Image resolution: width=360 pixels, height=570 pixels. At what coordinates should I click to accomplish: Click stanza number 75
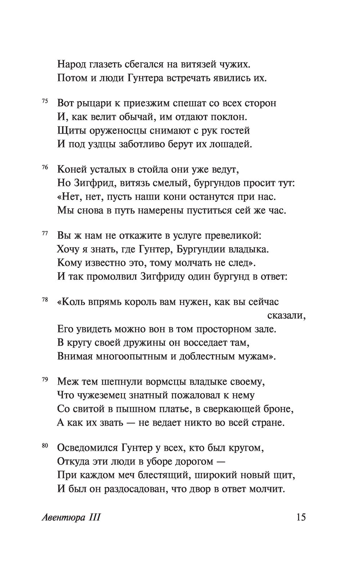pyautogui.click(x=45, y=101)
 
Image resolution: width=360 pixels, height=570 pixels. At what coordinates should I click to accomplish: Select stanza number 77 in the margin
pyautogui.click(x=45, y=234)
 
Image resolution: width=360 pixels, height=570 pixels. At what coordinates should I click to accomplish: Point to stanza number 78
pyautogui.click(x=45, y=300)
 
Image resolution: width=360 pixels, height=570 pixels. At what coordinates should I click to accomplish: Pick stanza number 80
pyautogui.click(x=45, y=446)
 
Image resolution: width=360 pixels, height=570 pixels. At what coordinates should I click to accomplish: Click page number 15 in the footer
pyautogui.click(x=301, y=517)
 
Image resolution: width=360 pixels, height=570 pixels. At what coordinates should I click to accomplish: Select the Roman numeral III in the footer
pyautogui.click(x=94, y=518)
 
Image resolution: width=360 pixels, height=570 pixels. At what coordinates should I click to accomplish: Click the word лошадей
pyautogui.click(x=233, y=144)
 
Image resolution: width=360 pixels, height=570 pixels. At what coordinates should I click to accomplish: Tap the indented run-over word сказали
pyautogui.click(x=287, y=316)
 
